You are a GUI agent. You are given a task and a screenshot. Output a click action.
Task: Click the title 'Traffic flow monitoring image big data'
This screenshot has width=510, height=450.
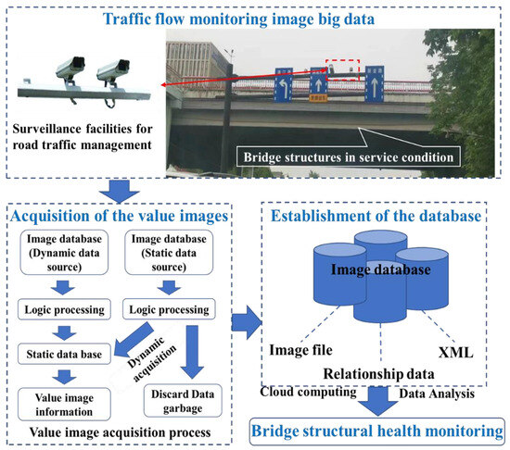tap(254, 14)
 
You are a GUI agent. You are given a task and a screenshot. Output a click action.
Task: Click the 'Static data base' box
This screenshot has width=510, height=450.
tap(61, 352)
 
